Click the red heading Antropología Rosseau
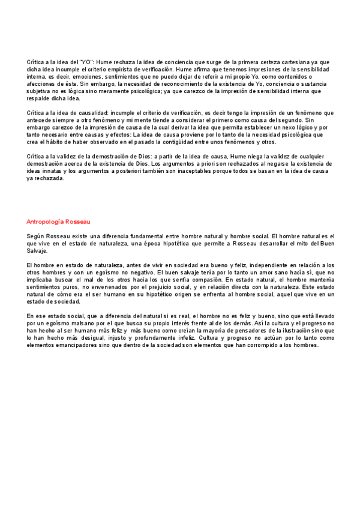[58, 221]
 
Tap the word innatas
[61, 171]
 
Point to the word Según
[37, 236]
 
